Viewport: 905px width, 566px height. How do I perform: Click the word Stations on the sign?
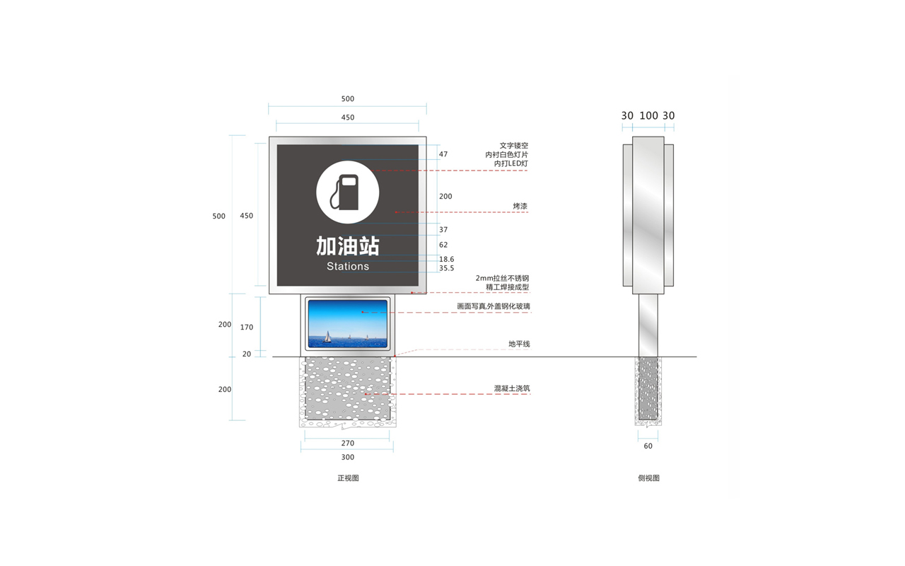tap(348, 267)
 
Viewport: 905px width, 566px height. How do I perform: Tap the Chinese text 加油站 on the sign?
tap(347, 246)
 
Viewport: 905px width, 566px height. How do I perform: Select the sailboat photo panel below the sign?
tap(347, 323)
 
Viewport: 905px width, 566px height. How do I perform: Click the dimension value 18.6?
tap(446, 259)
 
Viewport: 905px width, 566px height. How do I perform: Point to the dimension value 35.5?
tap(446, 268)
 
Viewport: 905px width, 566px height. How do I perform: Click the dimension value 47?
tap(443, 154)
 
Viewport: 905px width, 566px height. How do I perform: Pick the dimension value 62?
tap(443, 245)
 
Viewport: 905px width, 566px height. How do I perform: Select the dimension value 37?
tap(443, 230)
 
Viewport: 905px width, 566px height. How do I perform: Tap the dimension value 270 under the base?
tap(347, 443)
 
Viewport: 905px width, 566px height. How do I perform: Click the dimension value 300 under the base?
tap(347, 457)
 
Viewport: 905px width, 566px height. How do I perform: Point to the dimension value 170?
tap(247, 327)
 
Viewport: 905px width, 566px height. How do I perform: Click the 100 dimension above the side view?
tap(648, 115)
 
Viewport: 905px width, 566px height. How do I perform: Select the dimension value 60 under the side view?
tap(648, 446)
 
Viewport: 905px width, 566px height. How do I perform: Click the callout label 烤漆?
tap(520, 206)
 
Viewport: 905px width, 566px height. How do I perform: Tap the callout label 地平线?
tap(519, 344)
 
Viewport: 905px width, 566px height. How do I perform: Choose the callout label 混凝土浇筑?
tap(512, 388)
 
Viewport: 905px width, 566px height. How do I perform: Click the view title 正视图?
tap(348, 478)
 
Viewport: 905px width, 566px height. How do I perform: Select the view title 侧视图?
tap(648, 478)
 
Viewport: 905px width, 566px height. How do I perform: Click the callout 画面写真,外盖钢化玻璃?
tap(494, 306)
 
